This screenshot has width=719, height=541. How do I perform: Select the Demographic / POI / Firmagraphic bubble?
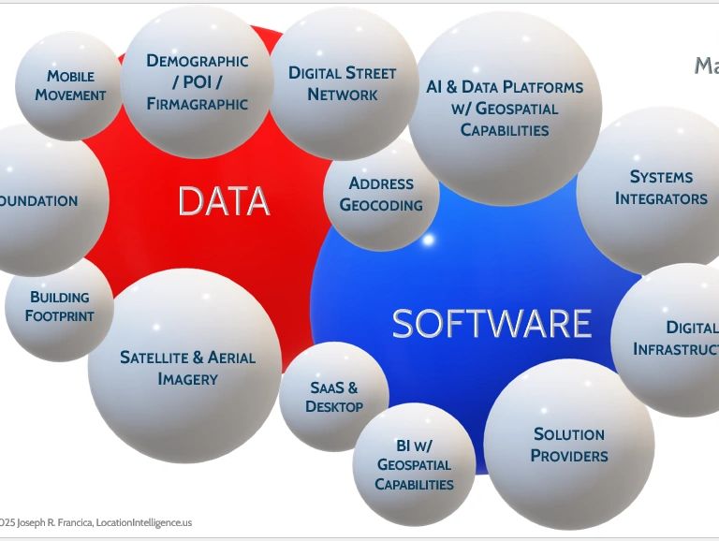[x=197, y=81]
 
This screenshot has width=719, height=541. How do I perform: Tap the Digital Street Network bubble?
[x=343, y=83]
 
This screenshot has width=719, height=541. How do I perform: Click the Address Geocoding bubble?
[x=381, y=195]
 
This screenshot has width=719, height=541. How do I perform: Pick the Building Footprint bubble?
[x=59, y=307]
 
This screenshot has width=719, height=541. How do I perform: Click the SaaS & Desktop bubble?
[x=333, y=397]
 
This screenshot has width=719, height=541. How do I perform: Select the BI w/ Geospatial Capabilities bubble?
[x=414, y=464]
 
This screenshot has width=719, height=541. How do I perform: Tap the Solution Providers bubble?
[x=568, y=445]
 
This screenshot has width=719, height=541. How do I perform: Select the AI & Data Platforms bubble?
[x=505, y=108]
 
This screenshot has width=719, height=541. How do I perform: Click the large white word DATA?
[x=224, y=201]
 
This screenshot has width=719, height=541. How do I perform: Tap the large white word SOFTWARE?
[x=492, y=324]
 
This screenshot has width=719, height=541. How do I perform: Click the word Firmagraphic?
[x=197, y=104]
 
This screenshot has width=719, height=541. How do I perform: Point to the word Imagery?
[x=187, y=379]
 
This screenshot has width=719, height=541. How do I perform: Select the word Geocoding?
[x=381, y=205]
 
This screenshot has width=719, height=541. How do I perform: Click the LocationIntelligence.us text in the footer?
[x=144, y=522]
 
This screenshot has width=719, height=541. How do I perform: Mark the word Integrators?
[x=661, y=198]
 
